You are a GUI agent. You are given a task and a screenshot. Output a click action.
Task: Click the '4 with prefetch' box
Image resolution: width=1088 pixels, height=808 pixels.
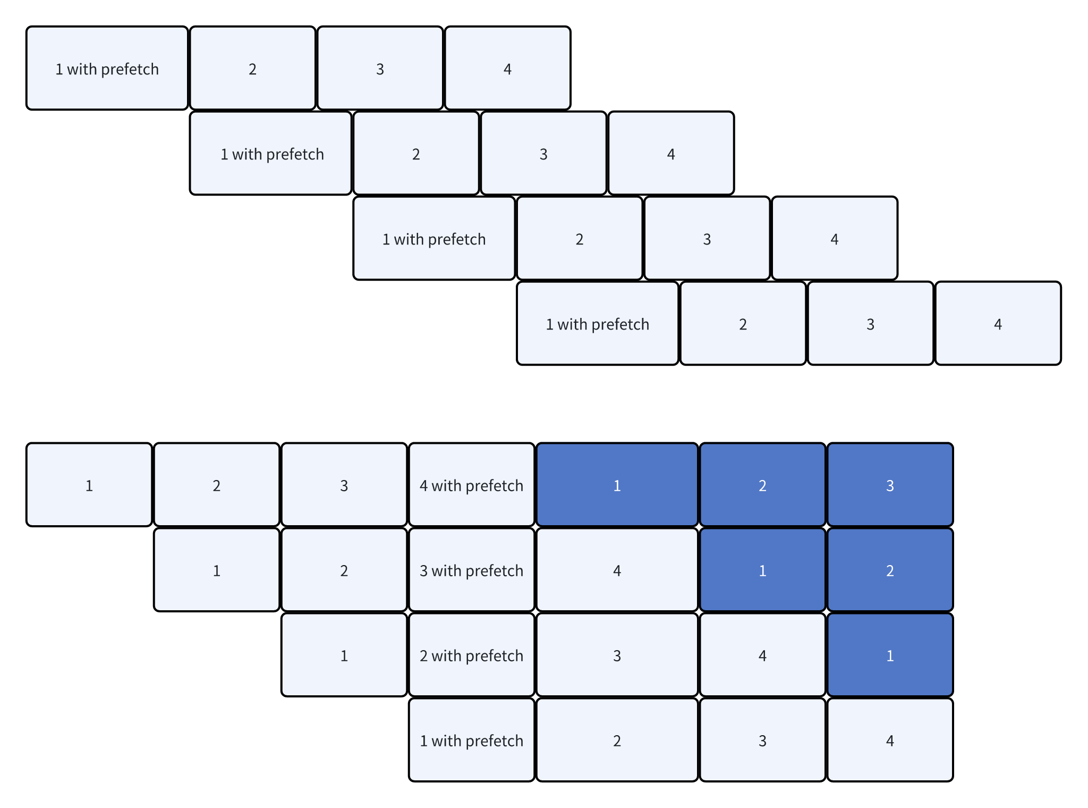[471, 485]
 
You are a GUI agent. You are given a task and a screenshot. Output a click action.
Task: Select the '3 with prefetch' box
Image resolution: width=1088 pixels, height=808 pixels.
[471, 570]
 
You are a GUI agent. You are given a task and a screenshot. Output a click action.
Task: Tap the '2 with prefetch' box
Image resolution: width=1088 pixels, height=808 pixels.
[471, 655]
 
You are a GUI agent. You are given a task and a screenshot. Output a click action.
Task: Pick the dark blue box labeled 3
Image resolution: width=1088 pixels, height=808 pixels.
[890, 485]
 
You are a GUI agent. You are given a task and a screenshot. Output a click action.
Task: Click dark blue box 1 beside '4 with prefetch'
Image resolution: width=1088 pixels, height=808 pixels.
[617, 485]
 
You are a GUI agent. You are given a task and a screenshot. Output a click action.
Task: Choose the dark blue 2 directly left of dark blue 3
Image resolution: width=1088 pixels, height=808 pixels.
[762, 485]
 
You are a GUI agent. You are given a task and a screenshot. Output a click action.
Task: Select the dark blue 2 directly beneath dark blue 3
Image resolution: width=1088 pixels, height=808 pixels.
[890, 570]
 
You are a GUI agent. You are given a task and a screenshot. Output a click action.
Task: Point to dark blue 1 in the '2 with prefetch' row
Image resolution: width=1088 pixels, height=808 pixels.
[890, 655]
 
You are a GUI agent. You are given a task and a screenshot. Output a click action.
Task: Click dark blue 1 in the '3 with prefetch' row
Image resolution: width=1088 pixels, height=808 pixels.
[762, 570]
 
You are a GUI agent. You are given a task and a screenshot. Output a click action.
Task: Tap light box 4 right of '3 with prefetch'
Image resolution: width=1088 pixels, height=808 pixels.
[617, 570]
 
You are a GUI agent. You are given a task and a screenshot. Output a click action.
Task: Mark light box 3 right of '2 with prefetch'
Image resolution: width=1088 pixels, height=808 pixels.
[617, 655]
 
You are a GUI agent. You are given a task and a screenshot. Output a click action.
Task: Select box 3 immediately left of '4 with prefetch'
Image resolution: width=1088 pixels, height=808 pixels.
[344, 485]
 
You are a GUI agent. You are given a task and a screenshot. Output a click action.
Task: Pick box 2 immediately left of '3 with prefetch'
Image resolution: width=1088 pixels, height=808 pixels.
[344, 570]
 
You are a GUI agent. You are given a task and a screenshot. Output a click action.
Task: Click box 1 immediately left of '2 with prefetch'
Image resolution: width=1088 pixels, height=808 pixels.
[344, 655]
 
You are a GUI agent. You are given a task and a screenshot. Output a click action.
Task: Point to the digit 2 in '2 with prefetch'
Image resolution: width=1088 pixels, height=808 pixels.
[423, 655]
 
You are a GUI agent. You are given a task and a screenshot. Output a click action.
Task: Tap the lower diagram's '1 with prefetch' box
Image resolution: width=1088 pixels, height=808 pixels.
[471, 740]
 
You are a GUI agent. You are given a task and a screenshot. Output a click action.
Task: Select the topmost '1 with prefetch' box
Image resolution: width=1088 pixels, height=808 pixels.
[107, 68]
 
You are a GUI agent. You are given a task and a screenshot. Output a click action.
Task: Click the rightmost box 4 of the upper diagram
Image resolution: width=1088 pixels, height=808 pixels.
[998, 323]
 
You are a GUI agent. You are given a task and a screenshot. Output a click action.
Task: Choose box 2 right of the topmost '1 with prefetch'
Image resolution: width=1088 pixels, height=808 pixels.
[252, 68]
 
